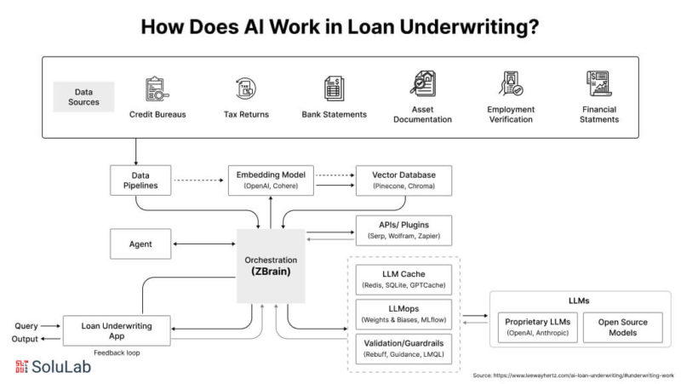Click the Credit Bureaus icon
(157, 88)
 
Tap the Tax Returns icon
(244, 88)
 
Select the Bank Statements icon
(334, 88)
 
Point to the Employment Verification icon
(511, 84)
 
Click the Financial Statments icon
(599, 84)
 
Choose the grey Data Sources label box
(83, 97)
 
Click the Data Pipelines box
(140, 181)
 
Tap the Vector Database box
(403, 181)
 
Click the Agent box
(140, 244)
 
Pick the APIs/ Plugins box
(403, 228)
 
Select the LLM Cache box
(403, 278)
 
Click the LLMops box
(403, 313)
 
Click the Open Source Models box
(622, 328)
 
